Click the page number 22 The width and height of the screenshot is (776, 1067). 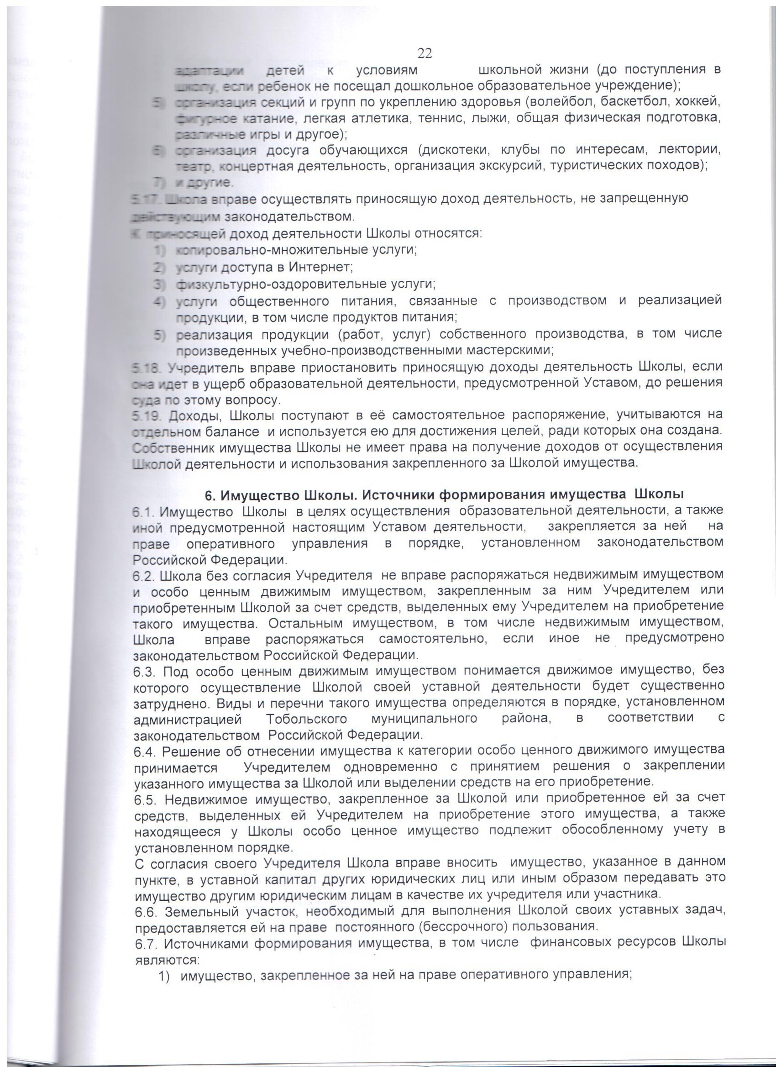coord(424,54)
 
